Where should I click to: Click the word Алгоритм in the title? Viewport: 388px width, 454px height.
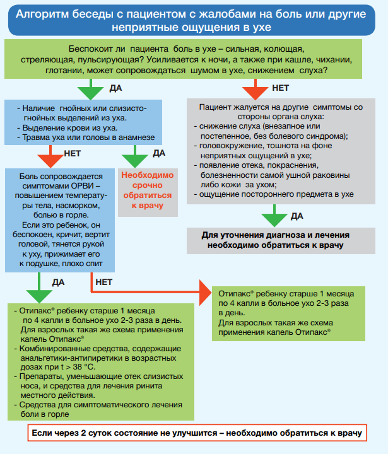[42, 14]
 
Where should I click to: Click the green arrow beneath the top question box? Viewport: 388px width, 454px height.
[91, 89]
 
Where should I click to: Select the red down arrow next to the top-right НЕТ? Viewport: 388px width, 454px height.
[256, 89]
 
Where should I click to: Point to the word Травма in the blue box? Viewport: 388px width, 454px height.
[33, 137]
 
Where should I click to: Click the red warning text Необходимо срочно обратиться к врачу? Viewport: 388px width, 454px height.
[148, 190]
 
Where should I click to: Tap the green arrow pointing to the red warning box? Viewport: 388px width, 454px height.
[135, 156]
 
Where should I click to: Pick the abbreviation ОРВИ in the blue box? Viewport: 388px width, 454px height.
[85, 185]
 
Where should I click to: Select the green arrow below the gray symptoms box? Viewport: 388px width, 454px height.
[274, 216]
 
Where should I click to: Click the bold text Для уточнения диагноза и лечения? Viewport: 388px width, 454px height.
[276, 235]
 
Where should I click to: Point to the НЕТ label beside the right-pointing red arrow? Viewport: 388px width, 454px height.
[103, 282]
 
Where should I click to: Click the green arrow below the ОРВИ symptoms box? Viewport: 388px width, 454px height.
[39, 288]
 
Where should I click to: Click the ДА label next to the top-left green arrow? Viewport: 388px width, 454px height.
[115, 88]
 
